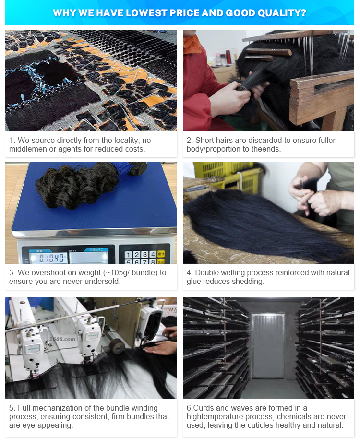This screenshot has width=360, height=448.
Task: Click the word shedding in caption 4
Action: coord(247,282)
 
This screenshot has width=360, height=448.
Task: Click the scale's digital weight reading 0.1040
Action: coord(52,258)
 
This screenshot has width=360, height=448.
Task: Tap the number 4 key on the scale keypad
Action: coord(153,254)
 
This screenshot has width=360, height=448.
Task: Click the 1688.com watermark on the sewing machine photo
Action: coord(62,339)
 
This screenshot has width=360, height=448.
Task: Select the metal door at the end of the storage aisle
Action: coord(268,346)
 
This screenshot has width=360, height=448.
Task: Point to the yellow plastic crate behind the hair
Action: coord(226,173)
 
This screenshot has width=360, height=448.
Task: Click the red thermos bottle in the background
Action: coord(228,57)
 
